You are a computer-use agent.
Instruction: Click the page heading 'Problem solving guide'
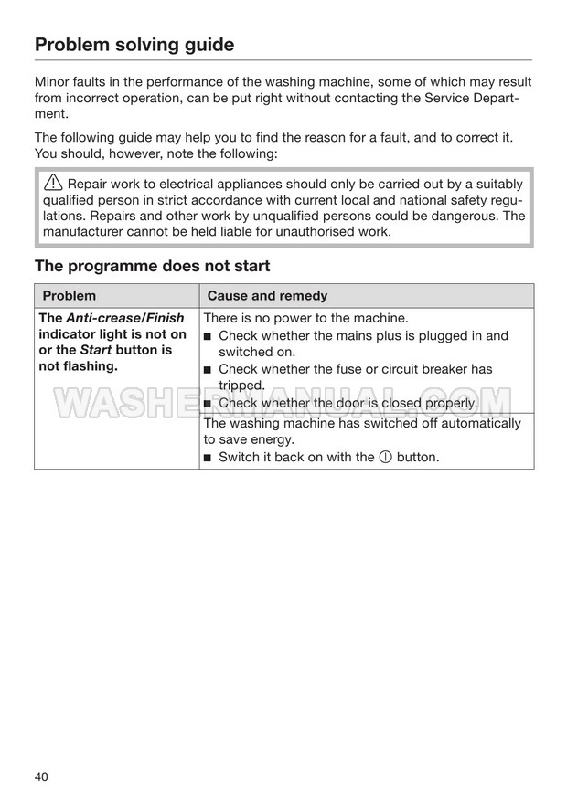[134, 45]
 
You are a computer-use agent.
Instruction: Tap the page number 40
[42, 777]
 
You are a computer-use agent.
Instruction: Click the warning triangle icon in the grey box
[55, 183]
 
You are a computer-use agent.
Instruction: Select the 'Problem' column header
[69, 296]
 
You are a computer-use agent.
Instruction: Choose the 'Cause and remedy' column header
[267, 296]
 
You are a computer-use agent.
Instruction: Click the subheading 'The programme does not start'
[152, 266]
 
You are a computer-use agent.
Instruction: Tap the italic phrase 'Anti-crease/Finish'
[125, 318]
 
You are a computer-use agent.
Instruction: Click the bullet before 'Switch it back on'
[209, 458]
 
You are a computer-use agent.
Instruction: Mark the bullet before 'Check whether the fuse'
[209, 370]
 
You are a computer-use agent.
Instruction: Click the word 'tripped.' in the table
[241, 386]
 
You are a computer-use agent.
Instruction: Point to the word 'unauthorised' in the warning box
[310, 231]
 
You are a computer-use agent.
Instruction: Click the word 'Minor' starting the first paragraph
[53, 82]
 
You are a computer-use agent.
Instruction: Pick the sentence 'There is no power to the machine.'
[305, 318]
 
